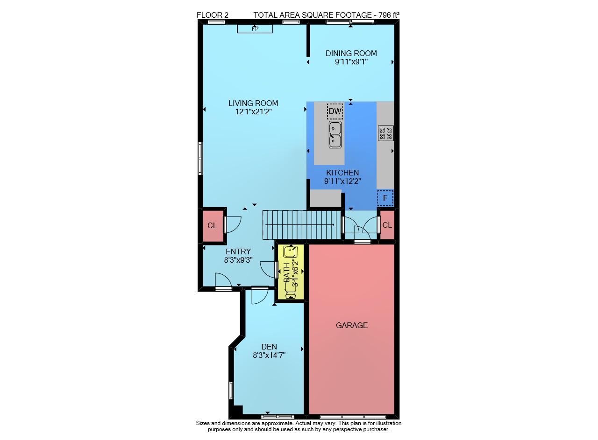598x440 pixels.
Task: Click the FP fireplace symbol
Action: [255, 28]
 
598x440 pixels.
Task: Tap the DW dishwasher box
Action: [335, 111]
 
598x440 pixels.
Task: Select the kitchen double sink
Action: [335, 135]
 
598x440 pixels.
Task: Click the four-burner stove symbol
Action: [386, 133]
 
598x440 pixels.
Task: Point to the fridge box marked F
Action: [385, 198]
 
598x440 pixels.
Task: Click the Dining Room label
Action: [351, 53]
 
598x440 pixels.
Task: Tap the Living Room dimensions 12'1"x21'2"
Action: [253, 112]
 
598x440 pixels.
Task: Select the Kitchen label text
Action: [342, 173]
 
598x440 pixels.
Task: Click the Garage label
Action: [352, 325]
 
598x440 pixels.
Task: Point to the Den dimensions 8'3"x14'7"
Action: [269, 356]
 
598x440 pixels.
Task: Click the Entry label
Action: [238, 252]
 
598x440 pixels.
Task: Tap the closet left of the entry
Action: [213, 226]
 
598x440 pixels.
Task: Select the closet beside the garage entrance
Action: [387, 225]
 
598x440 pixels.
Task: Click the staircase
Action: [302, 225]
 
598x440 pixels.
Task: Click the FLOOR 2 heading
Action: [213, 15]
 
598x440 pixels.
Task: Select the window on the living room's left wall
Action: [200, 158]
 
